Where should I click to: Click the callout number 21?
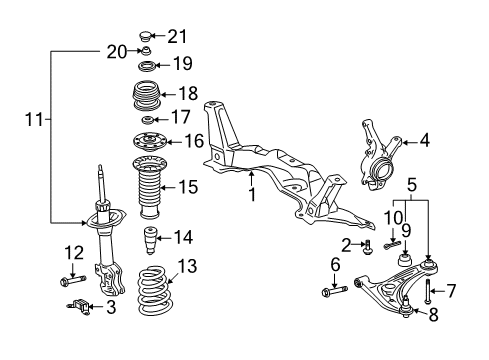point(177,37)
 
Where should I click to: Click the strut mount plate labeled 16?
point(149,141)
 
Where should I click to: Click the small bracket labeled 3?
point(81,307)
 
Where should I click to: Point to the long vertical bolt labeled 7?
point(428,292)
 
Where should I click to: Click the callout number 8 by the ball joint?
point(433,318)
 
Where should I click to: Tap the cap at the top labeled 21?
point(147,37)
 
